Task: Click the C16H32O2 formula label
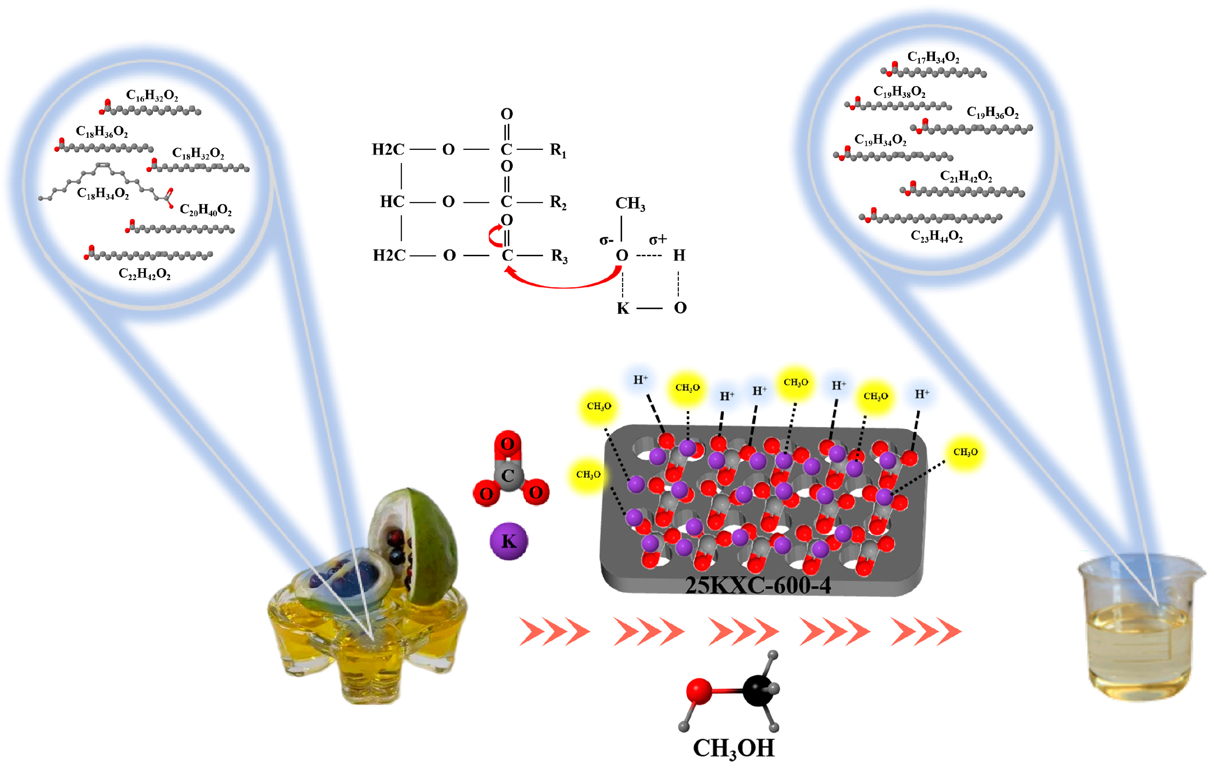[x=152, y=95]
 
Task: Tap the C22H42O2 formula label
[x=144, y=274]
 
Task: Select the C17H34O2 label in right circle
[x=933, y=57]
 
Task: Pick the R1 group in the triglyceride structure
[x=558, y=150]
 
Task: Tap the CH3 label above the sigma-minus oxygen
[x=630, y=203]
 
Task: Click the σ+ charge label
[x=658, y=239]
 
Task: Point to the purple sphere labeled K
[x=509, y=541]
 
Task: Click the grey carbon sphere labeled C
[x=508, y=476]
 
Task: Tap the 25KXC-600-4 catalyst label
[x=757, y=585]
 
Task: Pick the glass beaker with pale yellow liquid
[x=1139, y=630]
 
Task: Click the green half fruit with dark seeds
[x=413, y=545]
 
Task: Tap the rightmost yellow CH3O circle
[x=965, y=452]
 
